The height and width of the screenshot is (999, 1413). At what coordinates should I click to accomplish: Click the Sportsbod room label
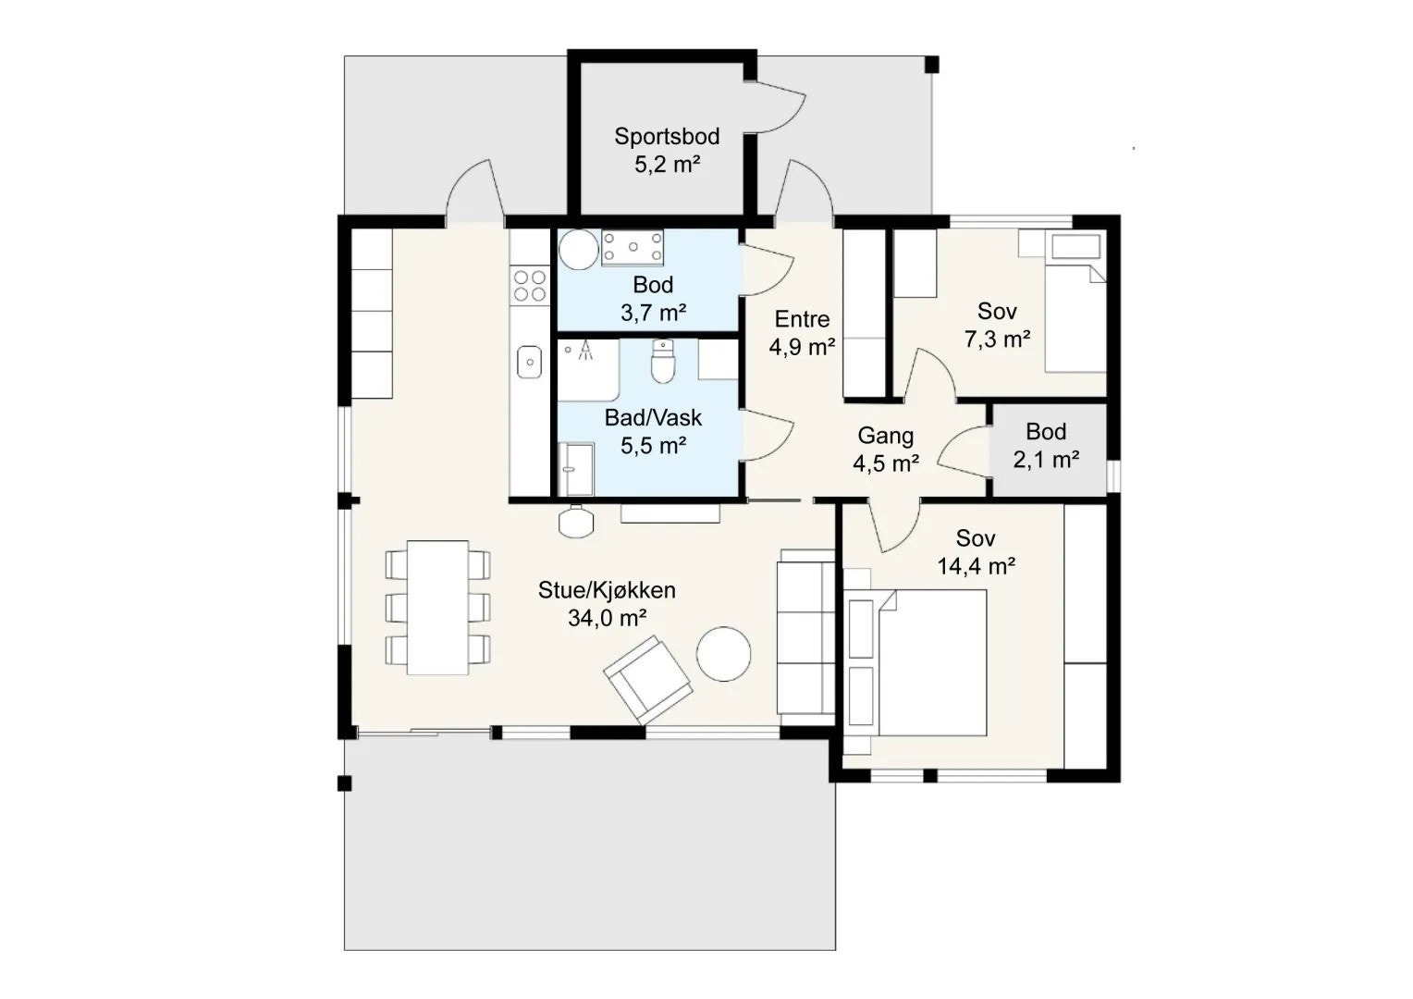pyautogui.click(x=667, y=136)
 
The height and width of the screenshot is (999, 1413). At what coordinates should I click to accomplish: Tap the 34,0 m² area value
pyautogui.click(x=607, y=618)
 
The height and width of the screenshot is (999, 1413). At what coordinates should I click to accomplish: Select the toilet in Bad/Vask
pyautogui.click(x=662, y=361)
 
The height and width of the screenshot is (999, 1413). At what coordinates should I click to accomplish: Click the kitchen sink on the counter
pyautogui.click(x=530, y=363)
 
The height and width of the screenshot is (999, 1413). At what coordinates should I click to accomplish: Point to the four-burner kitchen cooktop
pyautogui.click(x=530, y=286)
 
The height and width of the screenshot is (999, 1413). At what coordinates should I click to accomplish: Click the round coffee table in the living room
pyautogui.click(x=723, y=654)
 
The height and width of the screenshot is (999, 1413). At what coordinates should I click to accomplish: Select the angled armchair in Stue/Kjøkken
pyautogui.click(x=648, y=680)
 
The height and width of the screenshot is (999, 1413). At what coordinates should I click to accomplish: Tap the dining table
pyautogui.click(x=437, y=608)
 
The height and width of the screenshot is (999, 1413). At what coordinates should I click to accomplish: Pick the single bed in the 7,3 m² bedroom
pyautogui.click(x=1075, y=302)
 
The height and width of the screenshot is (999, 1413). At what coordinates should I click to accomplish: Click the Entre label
pyautogui.click(x=802, y=319)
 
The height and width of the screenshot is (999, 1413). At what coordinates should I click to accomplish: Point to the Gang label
pyautogui.click(x=886, y=436)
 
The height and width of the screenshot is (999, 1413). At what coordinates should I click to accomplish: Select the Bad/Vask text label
pyautogui.click(x=653, y=418)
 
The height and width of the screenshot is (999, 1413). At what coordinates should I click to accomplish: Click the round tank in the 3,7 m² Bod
pyautogui.click(x=579, y=249)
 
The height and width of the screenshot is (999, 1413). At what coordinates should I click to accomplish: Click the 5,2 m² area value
pyautogui.click(x=668, y=165)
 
